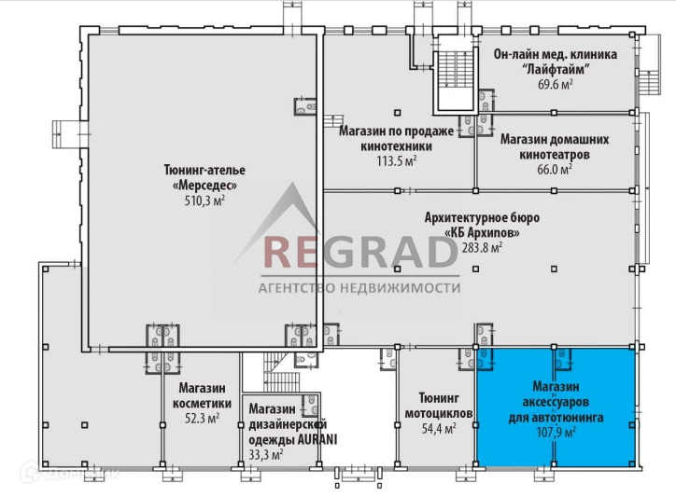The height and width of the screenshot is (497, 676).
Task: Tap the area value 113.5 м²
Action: tap(395, 160)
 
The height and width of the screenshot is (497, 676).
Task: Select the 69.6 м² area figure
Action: tap(555, 85)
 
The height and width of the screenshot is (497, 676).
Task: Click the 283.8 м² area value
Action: tap(483, 247)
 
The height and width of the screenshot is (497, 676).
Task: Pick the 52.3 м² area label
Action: tap(201, 419)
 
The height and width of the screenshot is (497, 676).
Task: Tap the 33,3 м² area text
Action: tap(264, 455)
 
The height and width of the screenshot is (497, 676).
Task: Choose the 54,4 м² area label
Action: tap(438, 429)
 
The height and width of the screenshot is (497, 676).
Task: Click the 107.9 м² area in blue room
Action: tap(555, 432)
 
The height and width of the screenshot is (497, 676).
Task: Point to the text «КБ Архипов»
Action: tap(481, 232)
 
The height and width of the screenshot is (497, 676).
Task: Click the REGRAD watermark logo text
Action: tap(359, 254)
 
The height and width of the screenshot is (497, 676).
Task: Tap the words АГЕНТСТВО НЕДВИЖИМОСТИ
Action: tap(359, 288)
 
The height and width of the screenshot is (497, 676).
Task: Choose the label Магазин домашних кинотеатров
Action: tap(554, 146)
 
